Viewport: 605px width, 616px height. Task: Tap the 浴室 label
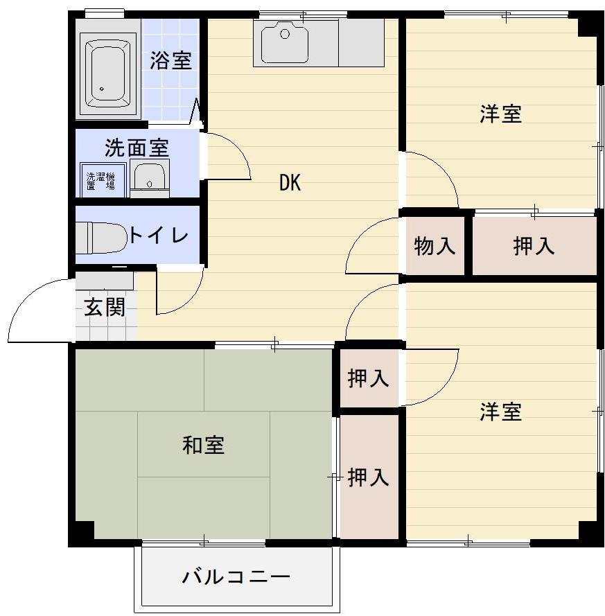click(x=170, y=60)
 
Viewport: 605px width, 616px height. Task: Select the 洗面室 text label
click(x=137, y=148)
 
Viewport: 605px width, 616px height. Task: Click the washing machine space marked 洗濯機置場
click(x=101, y=179)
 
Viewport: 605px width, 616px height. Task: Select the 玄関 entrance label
click(x=105, y=307)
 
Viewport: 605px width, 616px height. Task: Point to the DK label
click(x=290, y=183)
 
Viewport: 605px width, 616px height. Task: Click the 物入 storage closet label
click(x=435, y=245)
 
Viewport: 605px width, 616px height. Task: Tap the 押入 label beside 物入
click(x=534, y=245)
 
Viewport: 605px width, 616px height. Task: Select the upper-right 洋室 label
click(x=500, y=114)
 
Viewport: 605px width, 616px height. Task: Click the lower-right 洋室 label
click(x=500, y=412)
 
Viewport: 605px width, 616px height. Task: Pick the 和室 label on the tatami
click(x=203, y=445)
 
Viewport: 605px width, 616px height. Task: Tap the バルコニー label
click(x=236, y=577)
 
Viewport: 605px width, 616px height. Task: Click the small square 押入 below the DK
click(x=368, y=378)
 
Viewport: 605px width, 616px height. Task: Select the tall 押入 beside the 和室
click(x=368, y=477)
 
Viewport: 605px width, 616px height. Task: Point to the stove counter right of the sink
click(x=361, y=42)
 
